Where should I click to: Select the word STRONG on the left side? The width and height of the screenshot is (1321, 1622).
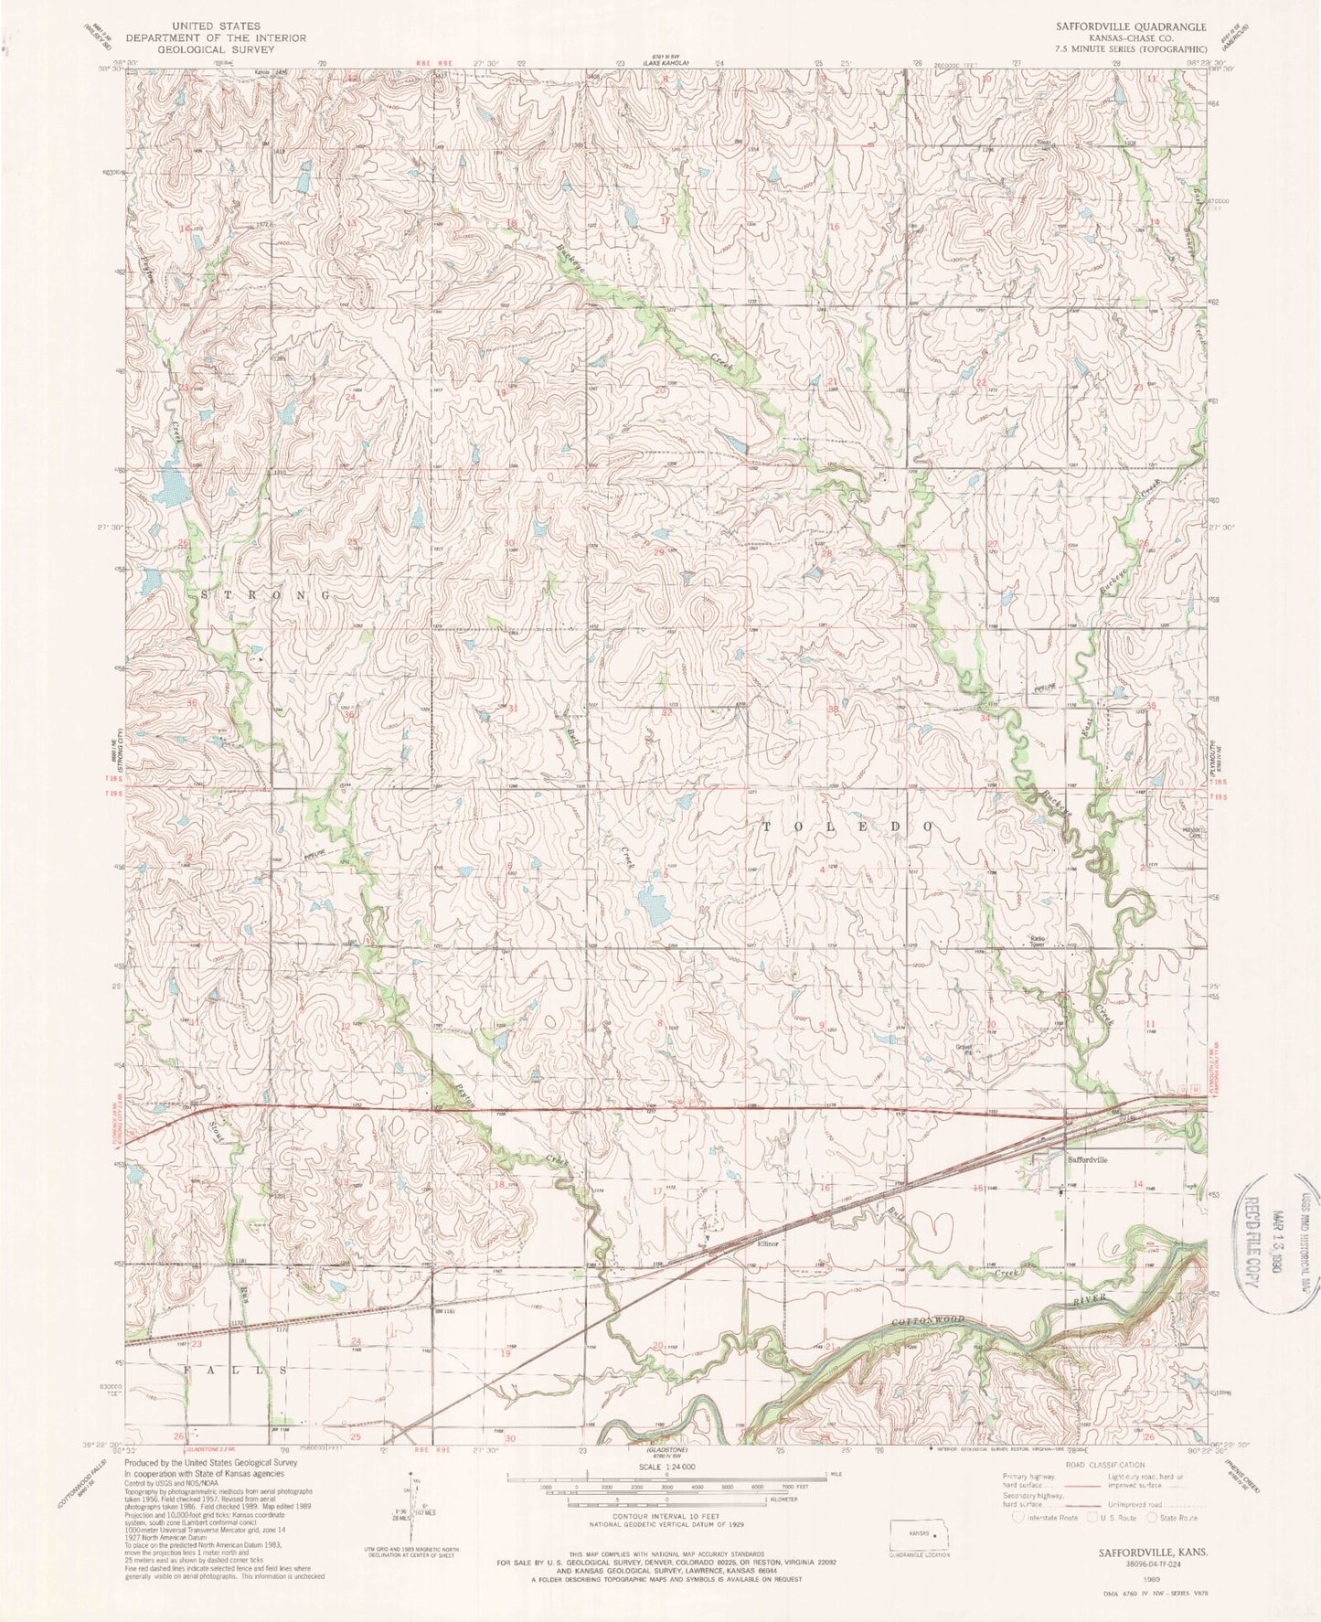pyautogui.click(x=264, y=594)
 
